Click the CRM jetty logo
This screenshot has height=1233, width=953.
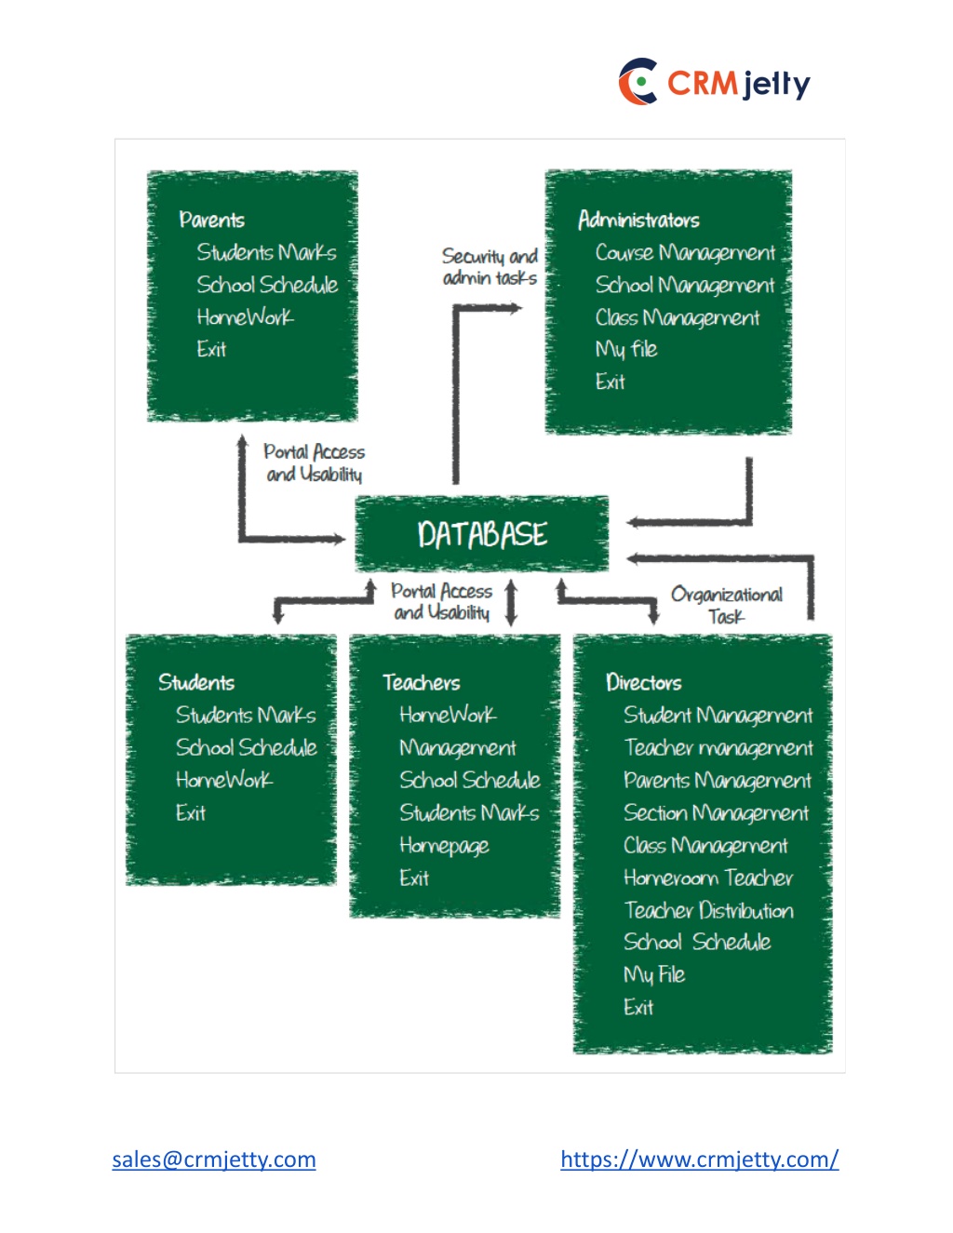pyautogui.click(x=714, y=81)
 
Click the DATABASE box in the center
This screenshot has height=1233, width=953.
pyautogui.click(x=481, y=534)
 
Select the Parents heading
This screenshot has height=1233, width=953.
pyautogui.click(x=211, y=220)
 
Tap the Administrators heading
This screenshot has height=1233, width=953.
pyautogui.click(x=638, y=220)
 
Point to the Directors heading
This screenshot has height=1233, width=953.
pyautogui.click(x=644, y=682)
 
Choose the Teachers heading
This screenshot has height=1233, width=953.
pyautogui.click(x=422, y=682)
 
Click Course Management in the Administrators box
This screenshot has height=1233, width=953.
pyautogui.click(x=685, y=253)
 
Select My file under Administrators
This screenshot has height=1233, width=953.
pyautogui.click(x=626, y=350)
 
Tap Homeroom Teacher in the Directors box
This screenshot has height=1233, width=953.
pyautogui.click(x=708, y=878)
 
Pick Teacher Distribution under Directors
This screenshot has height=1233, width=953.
pyautogui.click(x=708, y=910)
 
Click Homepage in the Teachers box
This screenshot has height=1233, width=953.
pyautogui.click(x=444, y=846)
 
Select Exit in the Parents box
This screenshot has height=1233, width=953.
pyautogui.click(x=211, y=349)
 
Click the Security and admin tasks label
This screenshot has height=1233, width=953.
pyautogui.click(x=490, y=267)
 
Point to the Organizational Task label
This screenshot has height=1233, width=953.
pyautogui.click(x=727, y=605)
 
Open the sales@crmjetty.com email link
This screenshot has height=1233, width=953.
pyautogui.click(x=214, y=1159)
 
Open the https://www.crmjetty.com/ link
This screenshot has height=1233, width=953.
pyautogui.click(x=700, y=1159)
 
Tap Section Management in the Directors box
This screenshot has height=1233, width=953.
pyautogui.click(x=716, y=813)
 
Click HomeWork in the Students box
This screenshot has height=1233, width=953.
pyautogui.click(x=224, y=780)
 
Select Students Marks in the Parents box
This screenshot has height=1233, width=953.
pyautogui.click(x=266, y=252)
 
